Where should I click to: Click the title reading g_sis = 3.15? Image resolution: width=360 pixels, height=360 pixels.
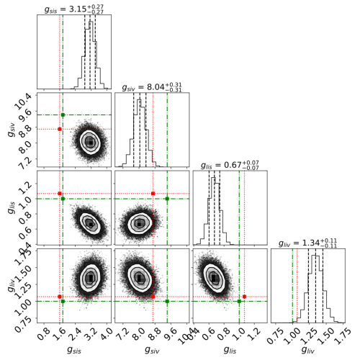coord(74,9)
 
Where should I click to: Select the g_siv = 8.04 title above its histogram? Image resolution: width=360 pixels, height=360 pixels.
coord(152,87)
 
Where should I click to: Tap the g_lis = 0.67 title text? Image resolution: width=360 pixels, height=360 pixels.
coord(230,165)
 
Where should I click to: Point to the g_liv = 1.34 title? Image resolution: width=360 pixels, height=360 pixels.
coord(307,243)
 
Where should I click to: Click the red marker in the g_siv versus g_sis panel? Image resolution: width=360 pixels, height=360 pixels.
coord(60,129)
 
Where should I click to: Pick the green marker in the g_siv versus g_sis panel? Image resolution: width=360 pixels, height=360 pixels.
coord(63,115)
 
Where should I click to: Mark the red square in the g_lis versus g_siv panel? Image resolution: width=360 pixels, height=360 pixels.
coord(153,194)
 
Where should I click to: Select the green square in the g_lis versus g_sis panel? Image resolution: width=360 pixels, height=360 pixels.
coord(63,199)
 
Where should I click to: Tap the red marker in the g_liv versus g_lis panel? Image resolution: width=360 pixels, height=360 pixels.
coord(244,297)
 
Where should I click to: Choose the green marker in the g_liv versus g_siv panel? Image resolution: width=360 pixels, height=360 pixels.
coord(167,301)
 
